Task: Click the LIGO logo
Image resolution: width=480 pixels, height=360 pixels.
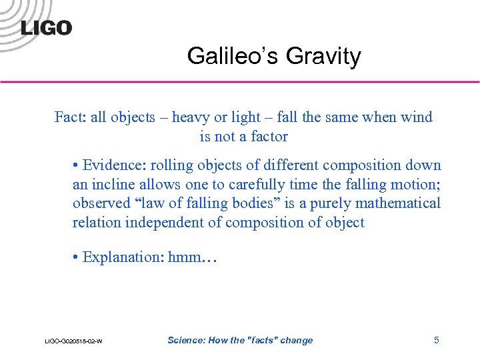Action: pyautogui.click(x=46, y=27)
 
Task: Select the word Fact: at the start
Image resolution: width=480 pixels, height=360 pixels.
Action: pyautogui.click(x=70, y=117)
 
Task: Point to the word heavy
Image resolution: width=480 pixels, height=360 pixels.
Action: pyautogui.click(x=191, y=117)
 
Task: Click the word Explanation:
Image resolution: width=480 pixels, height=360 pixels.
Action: pyautogui.click(x=124, y=257)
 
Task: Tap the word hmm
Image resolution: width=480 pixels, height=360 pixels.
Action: pyautogui.click(x=186, y=257)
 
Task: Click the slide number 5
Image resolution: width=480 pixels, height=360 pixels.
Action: pyautogui.click(x=437, y=340)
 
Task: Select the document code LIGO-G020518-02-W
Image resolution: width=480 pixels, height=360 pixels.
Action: pyautogui.click(x=73, y=341)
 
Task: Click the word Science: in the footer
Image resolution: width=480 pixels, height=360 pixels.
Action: pyautogui.click(x=187, y=340)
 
